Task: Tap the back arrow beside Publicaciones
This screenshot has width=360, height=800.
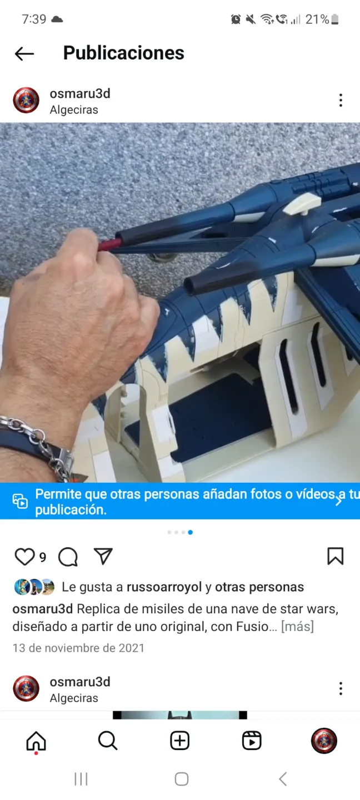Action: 24,53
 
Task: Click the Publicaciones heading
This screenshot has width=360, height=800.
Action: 123,53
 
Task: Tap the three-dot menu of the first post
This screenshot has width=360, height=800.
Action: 341,101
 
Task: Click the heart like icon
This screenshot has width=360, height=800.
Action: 24,557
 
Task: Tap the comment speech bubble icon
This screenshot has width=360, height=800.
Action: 68,557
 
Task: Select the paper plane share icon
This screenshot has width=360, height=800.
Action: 103,556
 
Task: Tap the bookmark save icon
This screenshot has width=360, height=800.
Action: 336,556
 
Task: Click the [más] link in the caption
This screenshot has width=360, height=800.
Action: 298,627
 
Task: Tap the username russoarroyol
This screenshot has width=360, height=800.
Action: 164,587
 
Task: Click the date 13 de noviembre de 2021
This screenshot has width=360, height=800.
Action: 78,648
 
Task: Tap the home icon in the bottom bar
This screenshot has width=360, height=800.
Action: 36,741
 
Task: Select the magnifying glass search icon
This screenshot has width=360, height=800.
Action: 108,741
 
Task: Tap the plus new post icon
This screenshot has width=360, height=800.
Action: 179,741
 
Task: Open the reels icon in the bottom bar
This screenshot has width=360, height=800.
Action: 252,741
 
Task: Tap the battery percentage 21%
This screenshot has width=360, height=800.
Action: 317,19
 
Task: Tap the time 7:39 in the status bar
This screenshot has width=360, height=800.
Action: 34,19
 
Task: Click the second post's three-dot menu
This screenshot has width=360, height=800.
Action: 341,688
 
